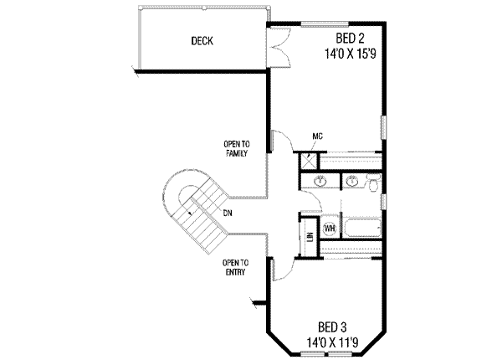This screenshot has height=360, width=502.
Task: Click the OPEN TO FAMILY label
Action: tap(236, 147)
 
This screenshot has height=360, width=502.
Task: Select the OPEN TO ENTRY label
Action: tap(234, 268)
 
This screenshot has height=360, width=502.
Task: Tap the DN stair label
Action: tap(228, 213)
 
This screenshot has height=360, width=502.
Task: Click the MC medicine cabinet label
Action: tap(318, 136)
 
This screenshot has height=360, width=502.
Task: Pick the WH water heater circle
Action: tap(329, 228)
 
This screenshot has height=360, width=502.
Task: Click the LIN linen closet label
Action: tap(310, 238)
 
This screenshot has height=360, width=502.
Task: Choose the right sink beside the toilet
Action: tap(352, 180)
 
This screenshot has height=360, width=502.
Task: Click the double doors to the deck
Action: tap(279, 46)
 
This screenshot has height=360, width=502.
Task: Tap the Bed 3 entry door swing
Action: tap(284, 266)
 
